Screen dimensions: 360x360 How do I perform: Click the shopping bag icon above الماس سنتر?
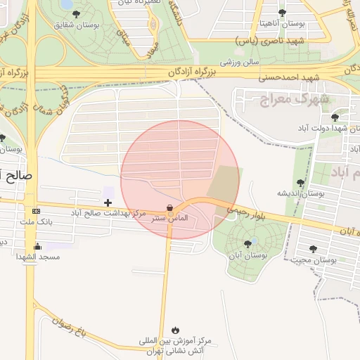pos(169,207)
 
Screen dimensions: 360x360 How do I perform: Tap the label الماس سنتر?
pos(171,219)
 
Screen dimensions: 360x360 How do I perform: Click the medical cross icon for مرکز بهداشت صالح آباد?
pos(108,203)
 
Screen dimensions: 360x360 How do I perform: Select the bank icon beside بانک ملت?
pos(37,211)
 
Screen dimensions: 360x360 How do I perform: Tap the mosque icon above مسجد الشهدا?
pos(37,246)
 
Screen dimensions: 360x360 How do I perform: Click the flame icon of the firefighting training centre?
pos(174,329)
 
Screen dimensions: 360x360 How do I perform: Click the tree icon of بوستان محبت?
pos(314,248)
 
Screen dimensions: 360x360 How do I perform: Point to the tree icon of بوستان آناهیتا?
pos(282,13)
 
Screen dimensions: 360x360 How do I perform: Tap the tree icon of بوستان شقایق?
pos(76,13)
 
